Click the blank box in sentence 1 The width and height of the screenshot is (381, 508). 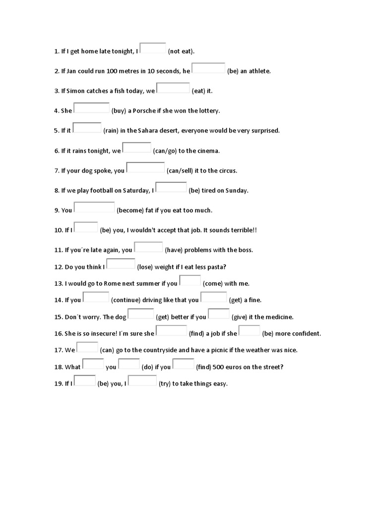153,48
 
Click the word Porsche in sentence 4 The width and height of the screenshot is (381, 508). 144,111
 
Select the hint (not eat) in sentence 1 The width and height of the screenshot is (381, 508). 182,51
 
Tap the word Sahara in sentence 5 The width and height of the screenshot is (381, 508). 150,130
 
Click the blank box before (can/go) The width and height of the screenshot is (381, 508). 137,147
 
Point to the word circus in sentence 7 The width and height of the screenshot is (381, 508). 226,170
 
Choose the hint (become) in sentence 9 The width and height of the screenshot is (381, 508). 130,210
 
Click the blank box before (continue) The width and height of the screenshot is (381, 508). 96,297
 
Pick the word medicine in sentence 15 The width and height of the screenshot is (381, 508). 279,317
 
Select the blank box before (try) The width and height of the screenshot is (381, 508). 143,381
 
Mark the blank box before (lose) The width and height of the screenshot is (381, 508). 121,263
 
